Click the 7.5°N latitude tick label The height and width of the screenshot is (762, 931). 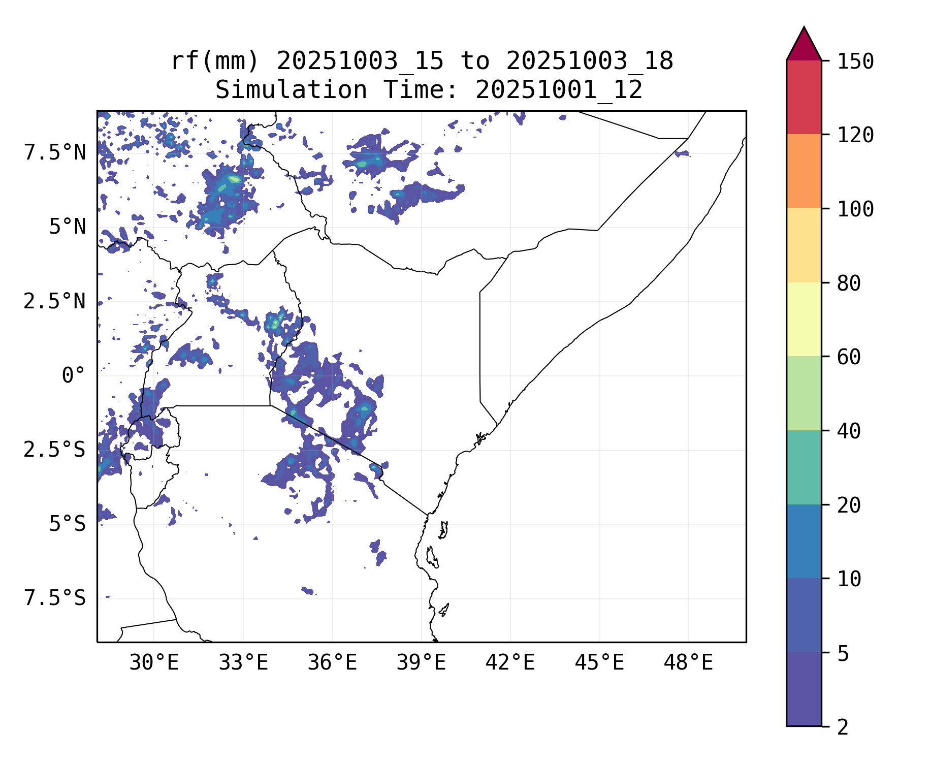pos(55,152)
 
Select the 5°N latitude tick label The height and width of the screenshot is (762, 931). pos(67,227)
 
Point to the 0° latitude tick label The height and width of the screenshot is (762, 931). pos(73,376)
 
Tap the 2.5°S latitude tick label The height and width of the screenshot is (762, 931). pos(55,450)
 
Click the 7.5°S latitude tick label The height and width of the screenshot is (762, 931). pos(55,598)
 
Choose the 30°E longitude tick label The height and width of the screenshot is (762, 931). pos(154,663)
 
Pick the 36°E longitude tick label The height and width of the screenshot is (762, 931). pos(332,663)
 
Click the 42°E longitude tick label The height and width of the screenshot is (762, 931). pos(510,663)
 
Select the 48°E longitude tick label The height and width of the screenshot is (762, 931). pos(688,663)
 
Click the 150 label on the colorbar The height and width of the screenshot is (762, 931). pos(855,61)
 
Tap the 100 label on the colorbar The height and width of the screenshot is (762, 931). pos(855,209)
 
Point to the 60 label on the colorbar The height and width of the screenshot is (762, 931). pos(849,357)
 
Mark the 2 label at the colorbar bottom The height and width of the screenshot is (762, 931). pos(843,727)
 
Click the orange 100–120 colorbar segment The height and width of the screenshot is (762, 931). pos(804,171)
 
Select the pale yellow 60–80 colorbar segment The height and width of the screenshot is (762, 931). pos(804,319)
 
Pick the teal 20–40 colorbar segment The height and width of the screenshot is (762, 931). pos(804,467)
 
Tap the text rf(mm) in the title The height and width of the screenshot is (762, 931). pos(215,61)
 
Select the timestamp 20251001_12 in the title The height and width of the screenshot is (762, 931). pos(559,90)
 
